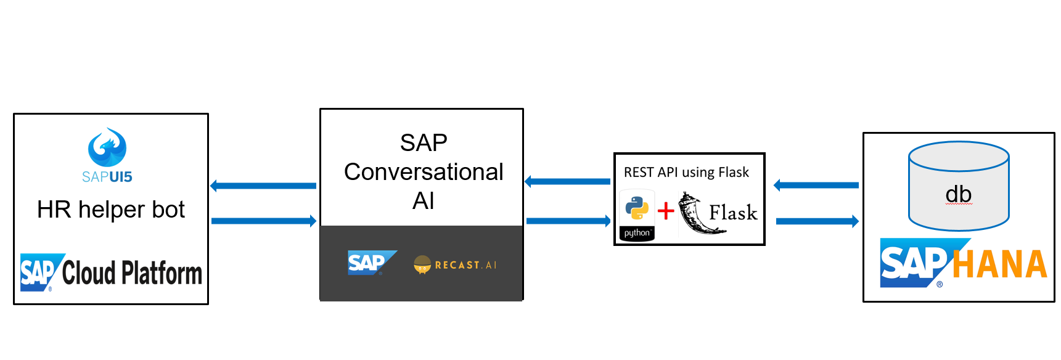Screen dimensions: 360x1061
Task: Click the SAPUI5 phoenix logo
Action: [107, 148]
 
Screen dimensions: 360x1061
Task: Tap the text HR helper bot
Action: [111, 210]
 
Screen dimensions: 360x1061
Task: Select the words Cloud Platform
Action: [132, 273]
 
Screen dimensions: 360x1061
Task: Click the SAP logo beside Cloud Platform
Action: [39, 272]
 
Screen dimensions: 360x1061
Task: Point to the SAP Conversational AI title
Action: [424, 171]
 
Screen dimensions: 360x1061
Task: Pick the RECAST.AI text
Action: [465, 265]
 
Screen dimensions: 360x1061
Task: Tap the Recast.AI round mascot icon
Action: [422, 264]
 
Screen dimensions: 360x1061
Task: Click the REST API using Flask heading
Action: [686, 172]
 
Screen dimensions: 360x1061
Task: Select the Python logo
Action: [637, 210]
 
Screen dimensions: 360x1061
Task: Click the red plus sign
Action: [666, 211]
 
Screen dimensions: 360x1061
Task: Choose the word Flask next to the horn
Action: [733, 213]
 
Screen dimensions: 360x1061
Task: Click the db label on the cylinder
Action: [959, 195]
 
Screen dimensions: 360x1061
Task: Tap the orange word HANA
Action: [999, 264]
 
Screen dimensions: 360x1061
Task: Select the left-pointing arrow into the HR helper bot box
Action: [263, 186]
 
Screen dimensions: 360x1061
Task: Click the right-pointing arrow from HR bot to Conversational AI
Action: [264, 221]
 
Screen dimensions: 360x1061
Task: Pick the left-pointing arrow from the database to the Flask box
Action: [816, 185]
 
